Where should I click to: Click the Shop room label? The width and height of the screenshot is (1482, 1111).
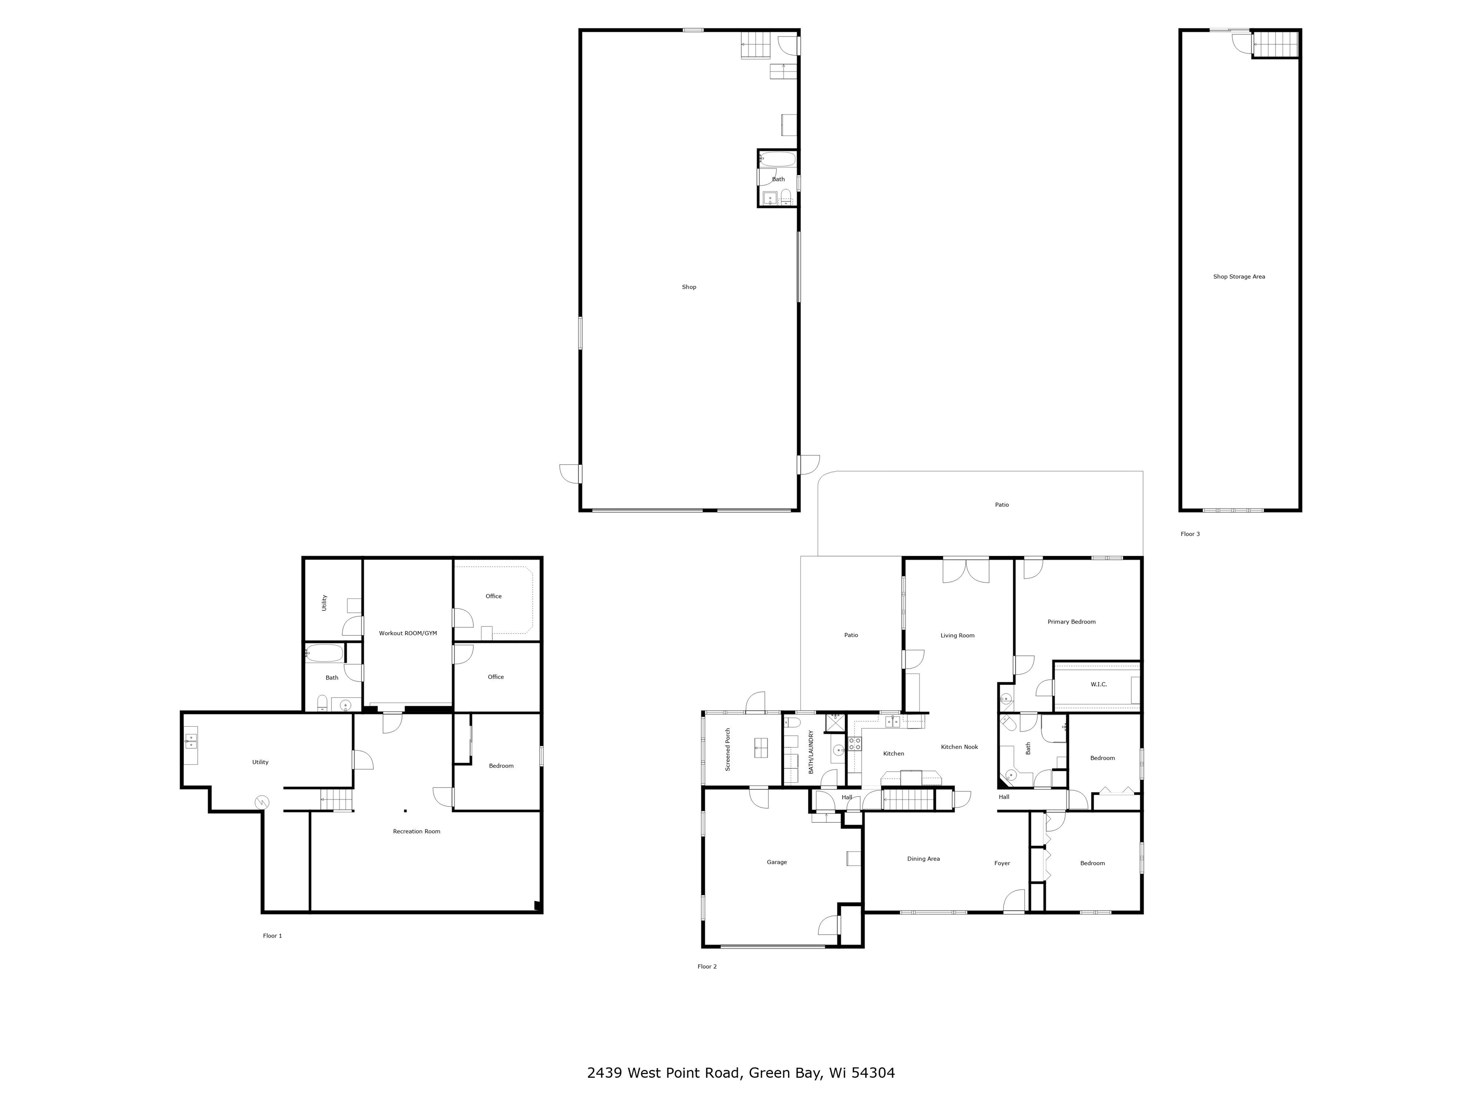689,287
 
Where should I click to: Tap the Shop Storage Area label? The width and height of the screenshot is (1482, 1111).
1239,277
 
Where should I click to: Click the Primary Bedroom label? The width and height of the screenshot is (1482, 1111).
1071,622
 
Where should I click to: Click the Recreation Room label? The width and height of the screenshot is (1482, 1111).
416,831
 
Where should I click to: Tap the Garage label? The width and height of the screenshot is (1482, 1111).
777,862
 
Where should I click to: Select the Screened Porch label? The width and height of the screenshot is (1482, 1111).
727,749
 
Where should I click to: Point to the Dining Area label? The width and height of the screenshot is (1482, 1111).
923,858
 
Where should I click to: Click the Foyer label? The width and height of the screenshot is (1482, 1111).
1002,863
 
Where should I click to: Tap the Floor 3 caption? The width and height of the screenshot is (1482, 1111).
1190,534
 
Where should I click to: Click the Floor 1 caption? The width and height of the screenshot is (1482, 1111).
272,935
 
